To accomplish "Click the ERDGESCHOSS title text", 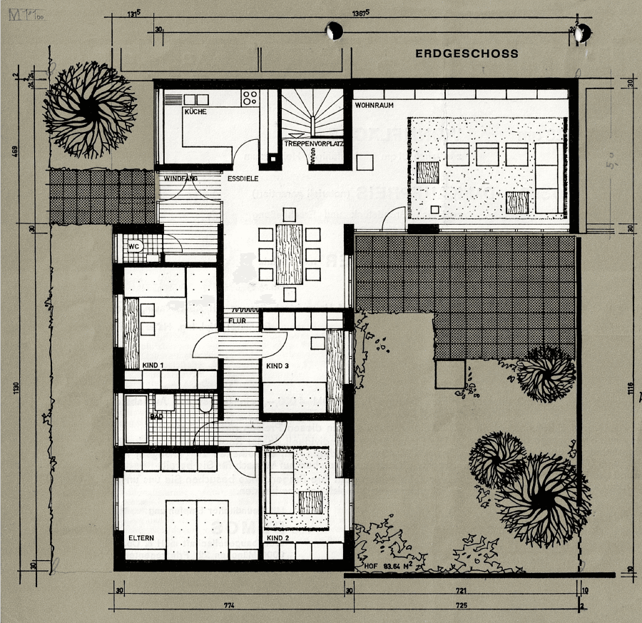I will [x=467, y=54].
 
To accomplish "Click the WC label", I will [x=133, y=245].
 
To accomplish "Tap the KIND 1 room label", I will [x=153, y=365].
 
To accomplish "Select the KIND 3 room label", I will [x=278, y=365].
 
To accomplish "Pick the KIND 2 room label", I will [x=277, y=537].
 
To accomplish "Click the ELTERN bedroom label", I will [x=142, y=537].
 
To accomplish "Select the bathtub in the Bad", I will [x=136, y=420].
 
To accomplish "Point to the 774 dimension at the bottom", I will [x=228, y=606].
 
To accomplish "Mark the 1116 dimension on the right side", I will [x=630, y=389].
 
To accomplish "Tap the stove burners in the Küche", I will [x=250, y=97].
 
